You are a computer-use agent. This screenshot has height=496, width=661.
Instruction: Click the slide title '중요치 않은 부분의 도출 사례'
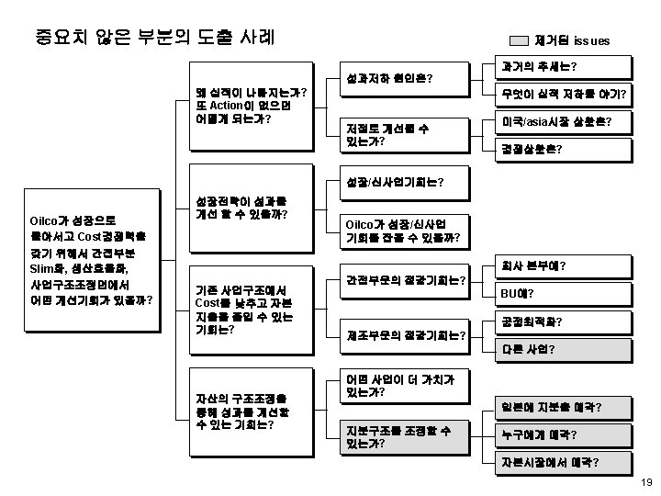[154, 38]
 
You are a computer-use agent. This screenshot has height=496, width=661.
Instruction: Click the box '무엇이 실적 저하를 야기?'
[563, 95]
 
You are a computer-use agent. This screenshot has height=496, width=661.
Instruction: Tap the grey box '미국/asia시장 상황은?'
[563, 121]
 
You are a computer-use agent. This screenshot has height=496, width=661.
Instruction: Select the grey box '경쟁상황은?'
[563, 148]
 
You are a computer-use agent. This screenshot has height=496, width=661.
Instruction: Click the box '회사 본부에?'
[563, 266]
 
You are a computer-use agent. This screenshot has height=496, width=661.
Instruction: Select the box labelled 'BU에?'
[563, 293]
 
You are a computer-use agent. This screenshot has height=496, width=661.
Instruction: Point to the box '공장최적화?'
[563, 321]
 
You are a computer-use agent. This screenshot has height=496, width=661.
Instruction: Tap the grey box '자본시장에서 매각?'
[563, 461]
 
